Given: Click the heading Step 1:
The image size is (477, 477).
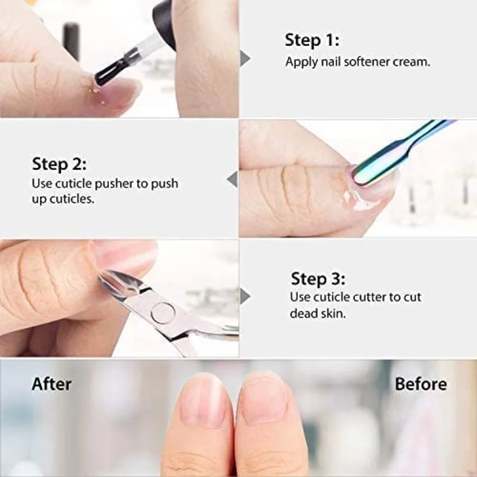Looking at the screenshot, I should [x=312, y=40].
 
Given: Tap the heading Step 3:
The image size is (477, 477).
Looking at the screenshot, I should [x=318, y=278].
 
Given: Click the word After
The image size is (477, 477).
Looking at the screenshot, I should [x=51, y=384].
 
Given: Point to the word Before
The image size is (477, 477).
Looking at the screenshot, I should [x=420, y=384].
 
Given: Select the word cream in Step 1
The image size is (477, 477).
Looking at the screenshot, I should [x=411, y=61].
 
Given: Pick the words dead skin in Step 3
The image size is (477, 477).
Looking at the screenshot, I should [x=317, y=313].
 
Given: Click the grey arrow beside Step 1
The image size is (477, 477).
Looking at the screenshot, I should [x=244, y=58].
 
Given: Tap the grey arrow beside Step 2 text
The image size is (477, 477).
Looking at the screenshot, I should [x=232, y=179].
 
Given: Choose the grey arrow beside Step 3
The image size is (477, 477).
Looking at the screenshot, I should [x=244, y=296].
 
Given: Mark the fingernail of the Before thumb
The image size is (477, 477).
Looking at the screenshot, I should [x=263, y=397].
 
